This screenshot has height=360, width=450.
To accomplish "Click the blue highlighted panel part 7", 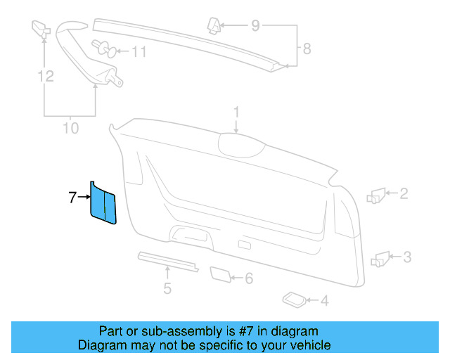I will (x=102, y=203).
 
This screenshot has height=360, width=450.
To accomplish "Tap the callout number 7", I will (x=72, y=198).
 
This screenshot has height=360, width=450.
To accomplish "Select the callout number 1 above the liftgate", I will (x=237, y=112).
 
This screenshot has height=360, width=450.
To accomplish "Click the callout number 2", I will (x=404, y=193).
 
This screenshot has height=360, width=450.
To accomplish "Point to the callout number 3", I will (x=406, y=257).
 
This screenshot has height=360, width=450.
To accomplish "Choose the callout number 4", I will (x=323, y=302).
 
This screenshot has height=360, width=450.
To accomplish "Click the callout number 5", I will (x=167, y=288).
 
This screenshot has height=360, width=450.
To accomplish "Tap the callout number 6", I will (x=248, y=278).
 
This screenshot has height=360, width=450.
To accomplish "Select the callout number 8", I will (x=306, y=49).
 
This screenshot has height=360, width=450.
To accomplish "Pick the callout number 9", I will (x=255, y=27).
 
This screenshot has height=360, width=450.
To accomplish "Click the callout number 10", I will (x=70, y=128).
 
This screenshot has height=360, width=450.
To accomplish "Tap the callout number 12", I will (x=46, y=75).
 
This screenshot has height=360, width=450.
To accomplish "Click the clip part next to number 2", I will (x=375, y=195).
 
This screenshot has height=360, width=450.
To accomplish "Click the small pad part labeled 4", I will (x=292, y=300).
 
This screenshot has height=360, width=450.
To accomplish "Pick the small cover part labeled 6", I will (x=221, y=274).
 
